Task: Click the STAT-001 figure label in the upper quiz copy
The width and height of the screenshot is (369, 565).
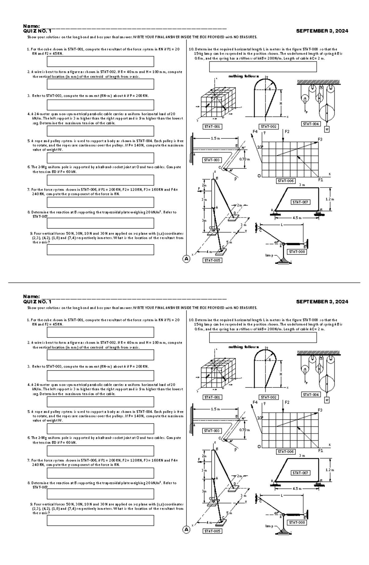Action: click(x=212, y=127)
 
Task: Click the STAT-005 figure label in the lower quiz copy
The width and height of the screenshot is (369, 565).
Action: click(x=212, y=531)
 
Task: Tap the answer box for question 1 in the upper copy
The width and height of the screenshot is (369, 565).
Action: click(x=100, y=62)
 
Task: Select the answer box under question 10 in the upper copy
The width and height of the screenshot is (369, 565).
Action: click(x=263, y=67)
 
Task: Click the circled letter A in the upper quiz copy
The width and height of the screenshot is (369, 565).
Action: click(x=186, y=259)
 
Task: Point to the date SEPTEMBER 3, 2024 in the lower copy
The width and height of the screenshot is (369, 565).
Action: click(x=322, y=302)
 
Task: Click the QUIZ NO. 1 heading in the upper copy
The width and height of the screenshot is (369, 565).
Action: click(x=37, y=31)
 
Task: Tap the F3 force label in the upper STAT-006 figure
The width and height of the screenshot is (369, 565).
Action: click(x=320, y=139)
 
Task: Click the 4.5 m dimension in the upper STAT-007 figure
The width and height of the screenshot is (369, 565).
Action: click(x=297, y=218)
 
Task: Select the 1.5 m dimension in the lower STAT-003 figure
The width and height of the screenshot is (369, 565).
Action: click(x=215, y=409)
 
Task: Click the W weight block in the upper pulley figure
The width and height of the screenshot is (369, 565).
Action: click(x=327, y=129)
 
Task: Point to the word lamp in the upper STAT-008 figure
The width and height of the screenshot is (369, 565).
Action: click(x=269, y=255)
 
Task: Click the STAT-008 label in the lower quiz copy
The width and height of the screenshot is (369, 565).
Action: click(x=297, y=523)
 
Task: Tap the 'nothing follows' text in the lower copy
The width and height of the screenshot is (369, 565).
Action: click(x=244, y=347)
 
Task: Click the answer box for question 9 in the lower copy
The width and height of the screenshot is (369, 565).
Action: click(x=100, y=520)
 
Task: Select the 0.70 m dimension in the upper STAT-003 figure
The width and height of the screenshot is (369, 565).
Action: click(x=244, y=159)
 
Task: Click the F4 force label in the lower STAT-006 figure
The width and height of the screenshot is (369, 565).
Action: click(x=255, y=402)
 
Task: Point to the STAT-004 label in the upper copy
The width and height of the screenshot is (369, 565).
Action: click(x=311, y=124)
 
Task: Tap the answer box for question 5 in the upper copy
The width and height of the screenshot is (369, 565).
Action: click(x=100, y=158)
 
